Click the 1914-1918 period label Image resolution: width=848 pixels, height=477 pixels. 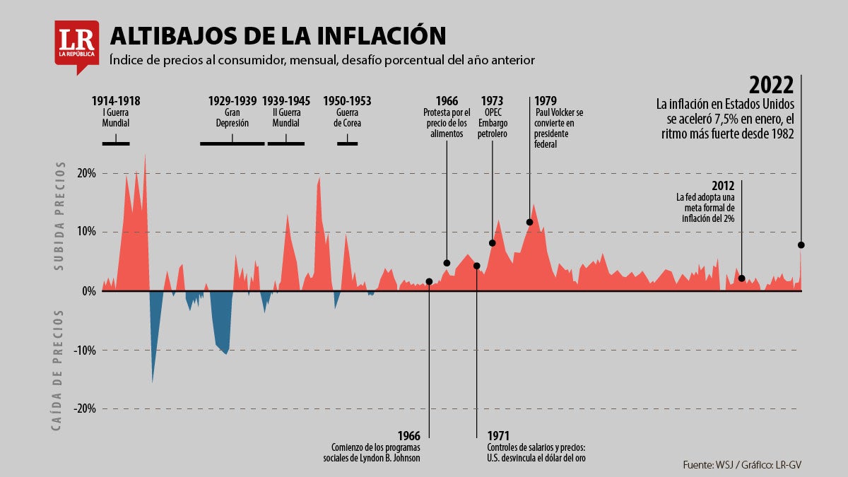pyautogui.click(x=116, y=101)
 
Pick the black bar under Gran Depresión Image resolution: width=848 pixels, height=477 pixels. pyautogui.click(x=232, y=143)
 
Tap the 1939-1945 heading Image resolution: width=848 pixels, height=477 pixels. pyautogui.click(x=286, y=101)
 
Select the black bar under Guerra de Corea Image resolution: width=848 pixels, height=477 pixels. pyautogui.click(x=347, y=143)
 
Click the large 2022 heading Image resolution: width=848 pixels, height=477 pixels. pyautogui.click(x=771, y=85)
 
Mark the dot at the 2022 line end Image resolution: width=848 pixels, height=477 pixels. pyautogui.click(x=801, y=245)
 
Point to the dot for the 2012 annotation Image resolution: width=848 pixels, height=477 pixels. pyautogui.click(x=741, y=278)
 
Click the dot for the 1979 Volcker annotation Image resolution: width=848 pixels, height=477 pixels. pyautogui.click(x=529, y=222)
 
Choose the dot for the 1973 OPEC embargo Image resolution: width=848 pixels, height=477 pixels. pyautogui.click(x=492, y=243)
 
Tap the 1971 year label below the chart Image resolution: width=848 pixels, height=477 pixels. pyautogui.click(x=498, y=435)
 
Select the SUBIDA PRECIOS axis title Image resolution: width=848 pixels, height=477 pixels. pyautogui.click(x=60, y=216)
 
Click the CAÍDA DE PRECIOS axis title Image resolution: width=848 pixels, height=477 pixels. pyautogui.click(x=60, y=370)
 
